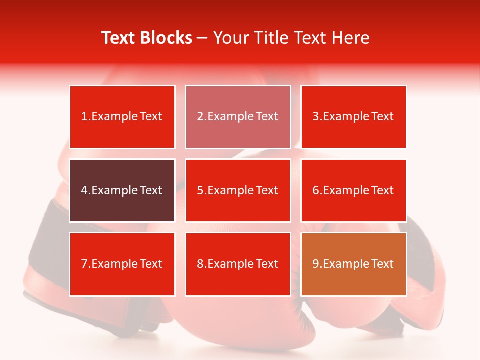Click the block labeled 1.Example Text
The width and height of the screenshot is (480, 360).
pos(122,117)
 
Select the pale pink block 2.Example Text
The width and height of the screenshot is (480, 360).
pos(238,117)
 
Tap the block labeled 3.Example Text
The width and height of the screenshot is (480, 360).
pos(353,117)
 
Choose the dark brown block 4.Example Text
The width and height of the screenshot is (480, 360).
pos(122,190)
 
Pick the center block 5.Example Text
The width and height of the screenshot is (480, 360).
pos(238,190)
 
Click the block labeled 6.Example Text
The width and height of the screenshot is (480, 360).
pos(353,190)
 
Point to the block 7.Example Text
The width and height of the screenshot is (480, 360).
pos(122,264)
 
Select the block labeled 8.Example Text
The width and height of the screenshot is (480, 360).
pos(238,264)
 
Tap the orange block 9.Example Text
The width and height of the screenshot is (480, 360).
pos(353,264)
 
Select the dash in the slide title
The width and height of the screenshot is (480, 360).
pos(203,38)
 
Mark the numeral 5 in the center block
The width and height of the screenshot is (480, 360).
pos(200,190)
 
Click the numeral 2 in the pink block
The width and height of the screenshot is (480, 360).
pos(200,117)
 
